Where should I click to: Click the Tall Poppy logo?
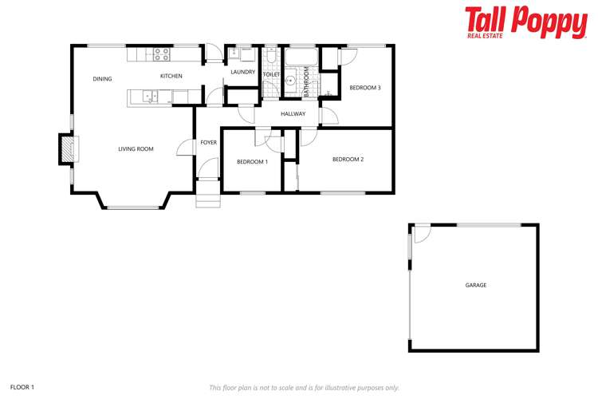click(525, 22)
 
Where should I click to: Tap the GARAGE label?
click(476, 285)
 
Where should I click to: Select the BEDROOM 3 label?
click(364, 88)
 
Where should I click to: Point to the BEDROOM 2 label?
click(348, 160)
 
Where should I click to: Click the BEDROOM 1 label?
click(252, 162)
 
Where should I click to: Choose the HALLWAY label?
click(293, 114)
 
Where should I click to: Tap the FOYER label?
click(209, 142)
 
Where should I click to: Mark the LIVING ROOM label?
click(136, 149)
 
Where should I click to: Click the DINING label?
click(102, 79)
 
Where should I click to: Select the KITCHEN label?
click(171, 77)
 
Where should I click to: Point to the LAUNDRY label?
click(242, 73)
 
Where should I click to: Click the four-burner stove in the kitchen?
click(161, 54)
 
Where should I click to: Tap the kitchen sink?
click(149, 97)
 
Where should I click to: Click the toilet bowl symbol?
click(271, 56)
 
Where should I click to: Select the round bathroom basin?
click(292, 79)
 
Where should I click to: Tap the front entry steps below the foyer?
click(207, 195)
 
